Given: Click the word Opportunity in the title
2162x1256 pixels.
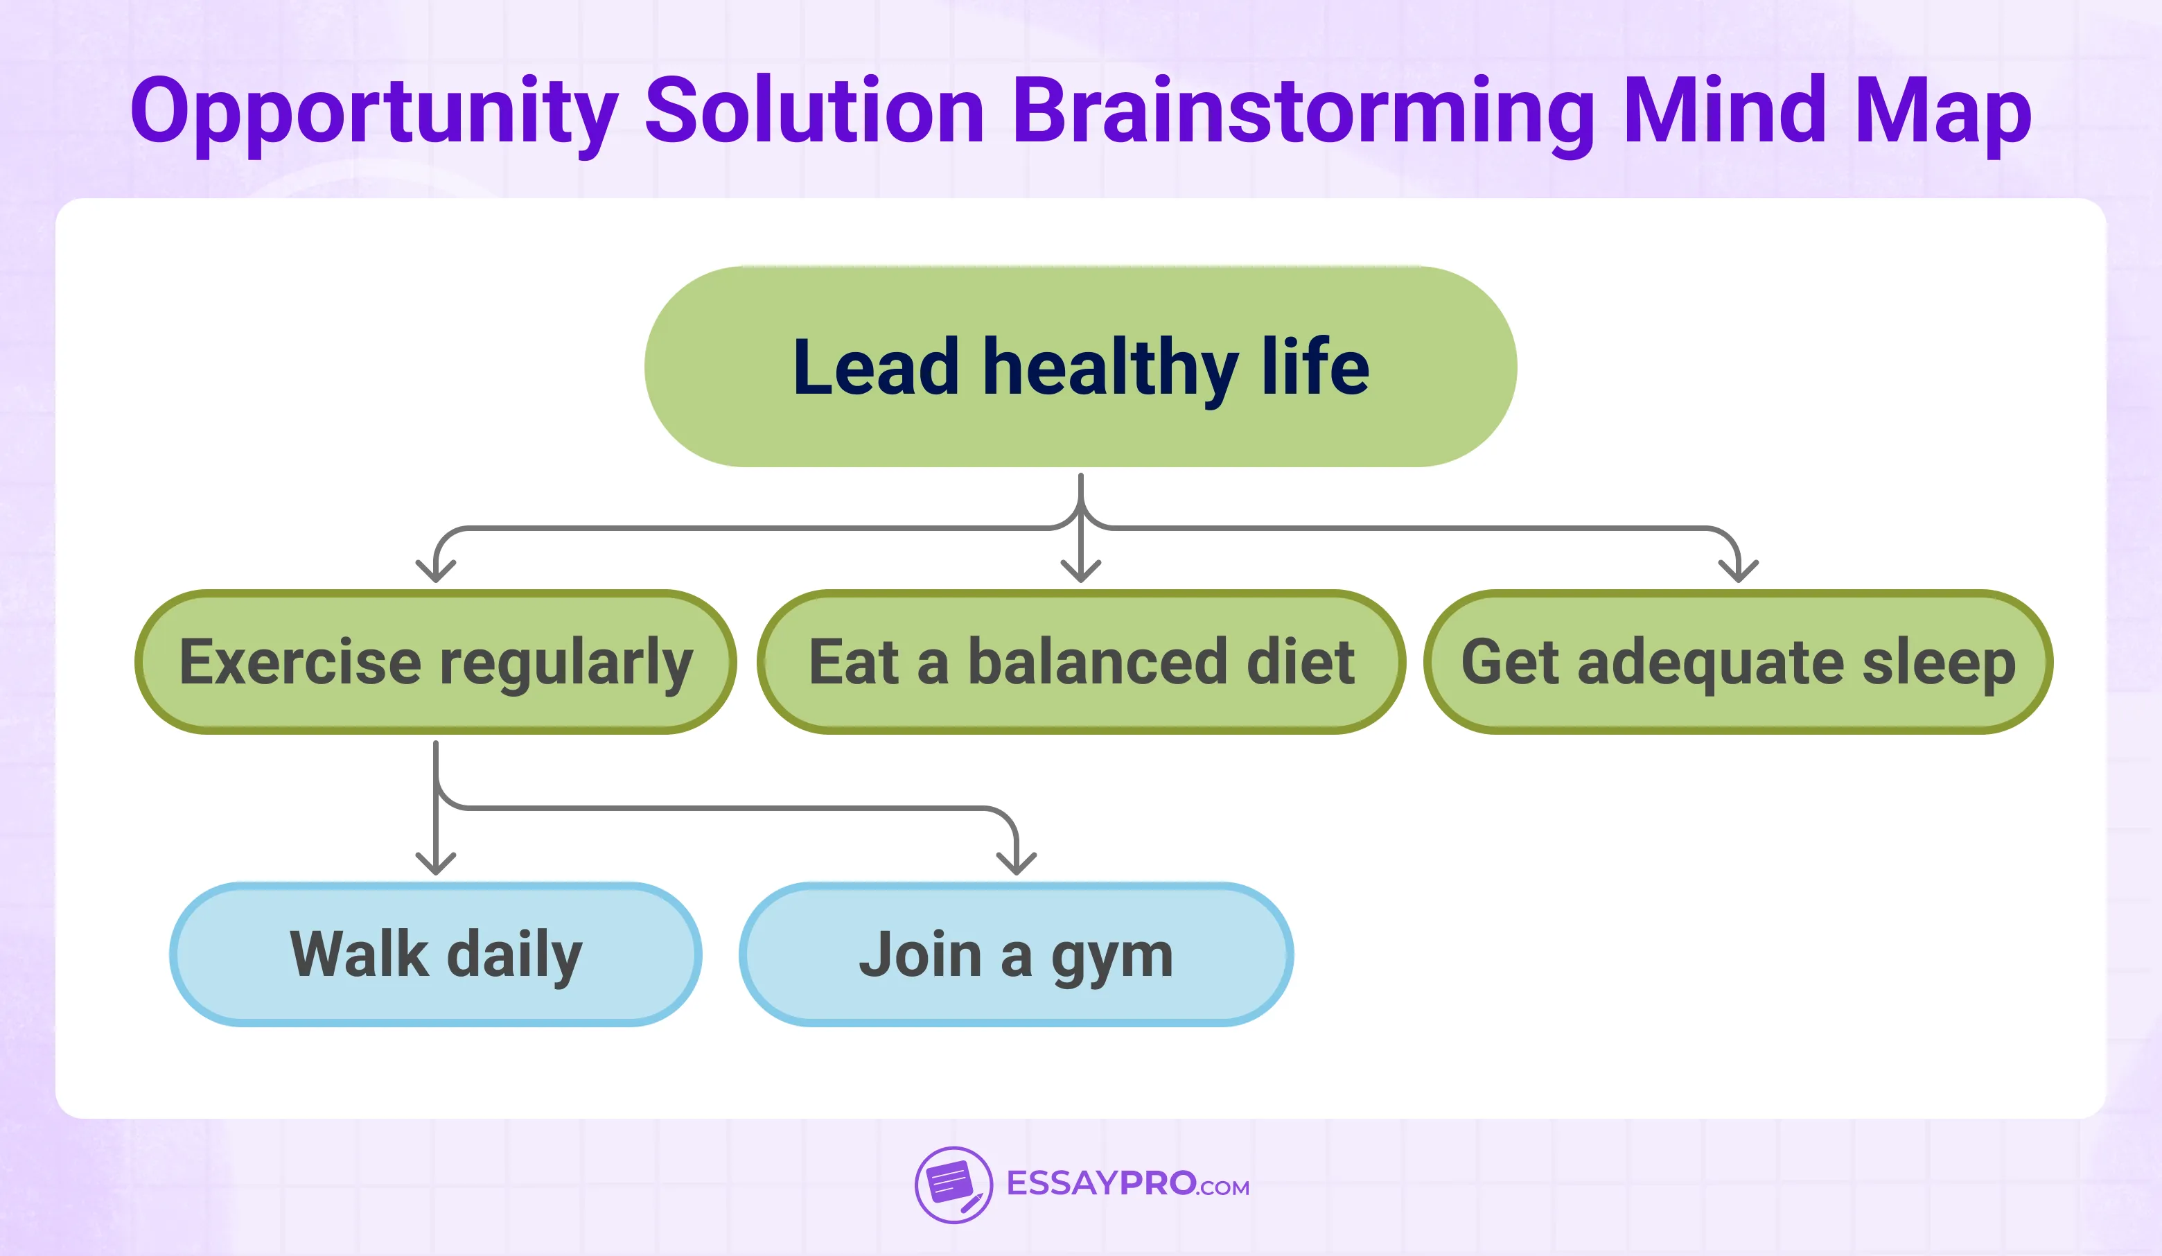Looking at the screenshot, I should point(374,112).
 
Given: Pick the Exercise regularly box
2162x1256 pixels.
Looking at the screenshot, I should point(435,661).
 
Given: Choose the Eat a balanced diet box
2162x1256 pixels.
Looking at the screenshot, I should point(1080,661).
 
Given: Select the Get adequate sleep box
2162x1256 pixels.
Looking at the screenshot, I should point(1738,661).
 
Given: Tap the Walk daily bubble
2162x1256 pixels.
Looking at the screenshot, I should point(435,954).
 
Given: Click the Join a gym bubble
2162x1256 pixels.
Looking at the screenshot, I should point(1016,954).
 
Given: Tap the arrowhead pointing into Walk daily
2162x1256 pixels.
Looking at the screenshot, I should point(436,864).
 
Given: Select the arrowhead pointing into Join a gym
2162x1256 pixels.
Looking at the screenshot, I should point(1016,864).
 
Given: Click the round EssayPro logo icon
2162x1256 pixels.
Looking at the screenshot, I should point(953,1185).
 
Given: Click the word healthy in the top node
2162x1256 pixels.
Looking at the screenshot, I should point(1110,367).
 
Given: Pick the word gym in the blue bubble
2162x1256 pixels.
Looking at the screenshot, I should point(1112,956).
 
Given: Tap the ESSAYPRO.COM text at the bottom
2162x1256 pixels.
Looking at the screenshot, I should point(1127,1184).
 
